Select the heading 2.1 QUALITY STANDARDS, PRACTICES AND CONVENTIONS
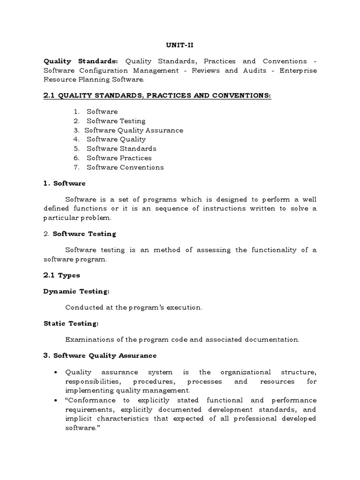[157, 96]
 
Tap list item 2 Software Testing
[116, 121]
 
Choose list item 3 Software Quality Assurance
[134, 130]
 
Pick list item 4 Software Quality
[116, 139]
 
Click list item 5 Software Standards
[121, 149]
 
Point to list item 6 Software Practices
[119, 158]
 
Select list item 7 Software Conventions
[125, 167]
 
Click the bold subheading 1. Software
[65, 183]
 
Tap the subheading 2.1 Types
[61, 275]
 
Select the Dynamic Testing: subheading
[76, 292]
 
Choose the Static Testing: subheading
[71, 323]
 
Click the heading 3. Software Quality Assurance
[100, 356]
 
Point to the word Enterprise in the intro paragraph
[298, 70]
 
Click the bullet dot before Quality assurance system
[56, 372]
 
